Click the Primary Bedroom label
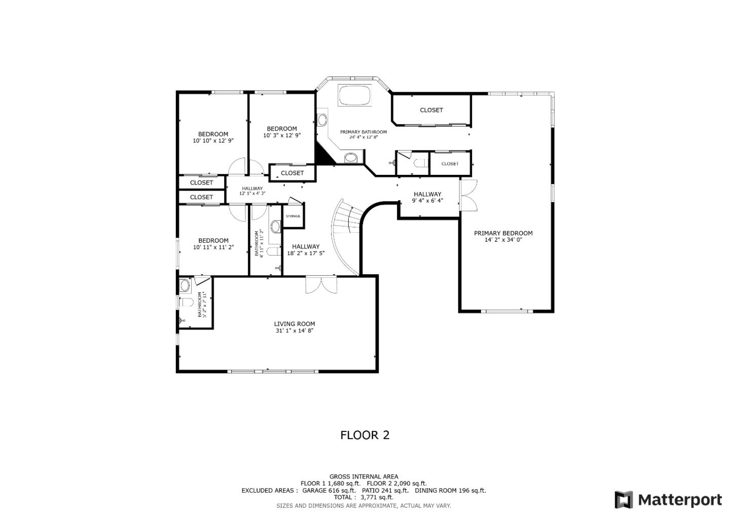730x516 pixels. (503, 234)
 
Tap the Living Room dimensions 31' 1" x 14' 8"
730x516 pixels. (294, 331)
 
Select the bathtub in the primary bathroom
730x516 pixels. (355, 95)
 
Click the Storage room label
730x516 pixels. (293, 216)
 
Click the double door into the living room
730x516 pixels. (321, 284)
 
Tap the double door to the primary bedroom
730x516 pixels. (468, 196)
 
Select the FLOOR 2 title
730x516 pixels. (364, 435)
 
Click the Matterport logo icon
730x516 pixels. (624, 500)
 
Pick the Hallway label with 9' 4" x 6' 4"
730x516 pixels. (427, 195)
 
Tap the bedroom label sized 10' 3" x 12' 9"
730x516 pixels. (282, 129)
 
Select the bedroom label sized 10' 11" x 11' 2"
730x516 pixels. (213, 241)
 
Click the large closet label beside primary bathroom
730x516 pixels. (431, 110)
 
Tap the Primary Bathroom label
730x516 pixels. (363, 132)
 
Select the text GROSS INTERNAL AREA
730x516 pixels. (363, 476)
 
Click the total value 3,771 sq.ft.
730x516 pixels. (377, 497)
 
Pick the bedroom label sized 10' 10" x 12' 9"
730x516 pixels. (213, 135)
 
